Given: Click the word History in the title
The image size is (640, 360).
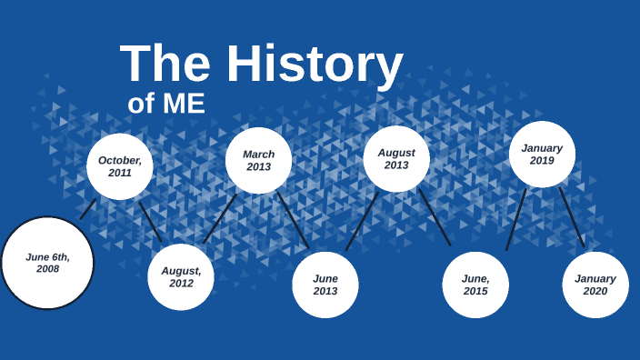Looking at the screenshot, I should pos(315,65).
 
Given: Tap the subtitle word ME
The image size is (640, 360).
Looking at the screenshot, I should pos(184,104).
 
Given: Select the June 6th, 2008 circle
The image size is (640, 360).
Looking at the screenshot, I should pos(47,263).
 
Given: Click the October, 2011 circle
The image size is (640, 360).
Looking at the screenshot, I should pos(120,166).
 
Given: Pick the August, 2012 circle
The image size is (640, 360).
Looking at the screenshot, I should pos(181,276).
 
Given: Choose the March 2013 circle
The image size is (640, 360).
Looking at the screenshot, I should pos(258,161).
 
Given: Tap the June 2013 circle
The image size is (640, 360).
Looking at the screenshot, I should pos(325,285).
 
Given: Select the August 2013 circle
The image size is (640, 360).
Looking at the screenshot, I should pos(396,159).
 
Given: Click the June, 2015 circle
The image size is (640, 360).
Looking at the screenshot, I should pos(475,285).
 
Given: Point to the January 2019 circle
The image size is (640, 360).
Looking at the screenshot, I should pos(542,155).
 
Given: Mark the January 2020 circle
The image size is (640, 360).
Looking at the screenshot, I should pos(595,285).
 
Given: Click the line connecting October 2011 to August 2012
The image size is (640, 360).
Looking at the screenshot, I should pos(150,221).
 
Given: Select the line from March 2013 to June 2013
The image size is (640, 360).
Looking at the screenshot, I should pos(293,220).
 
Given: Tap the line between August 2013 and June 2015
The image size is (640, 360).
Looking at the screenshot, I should pos(435,217).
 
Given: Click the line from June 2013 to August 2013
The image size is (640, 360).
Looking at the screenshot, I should pos(362,221).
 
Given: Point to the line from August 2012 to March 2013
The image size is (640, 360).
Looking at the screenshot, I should pos(220,218).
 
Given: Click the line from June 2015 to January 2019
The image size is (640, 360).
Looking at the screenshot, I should pos(516,219).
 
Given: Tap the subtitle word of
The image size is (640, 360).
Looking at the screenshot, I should pos(140,104).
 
